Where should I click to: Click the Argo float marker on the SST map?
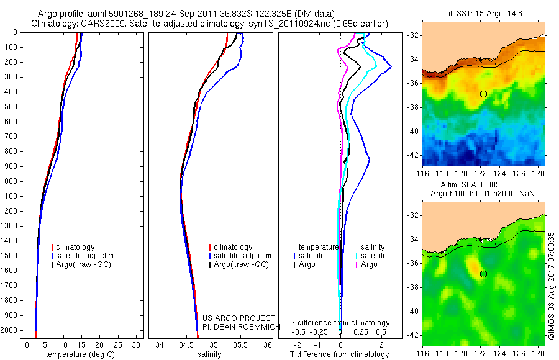coord(483,94)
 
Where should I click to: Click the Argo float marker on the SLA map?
coord(483,274)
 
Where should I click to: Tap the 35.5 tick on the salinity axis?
coord(240,344)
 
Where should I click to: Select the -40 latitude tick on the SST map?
coord(412,132)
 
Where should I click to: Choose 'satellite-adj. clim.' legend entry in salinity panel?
coord(243,256)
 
